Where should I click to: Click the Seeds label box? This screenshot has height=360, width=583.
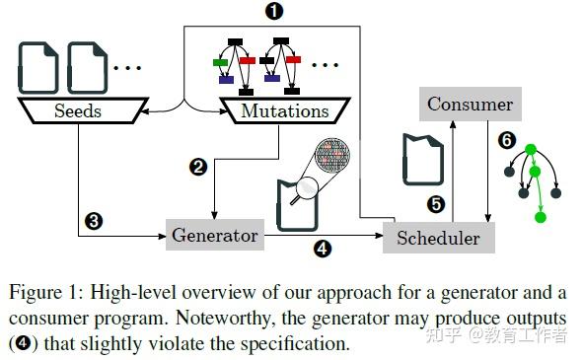[x=79, y=111]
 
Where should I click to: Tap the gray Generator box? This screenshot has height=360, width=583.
[x=215, y=235]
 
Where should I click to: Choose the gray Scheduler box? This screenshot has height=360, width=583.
[x=438, y=237]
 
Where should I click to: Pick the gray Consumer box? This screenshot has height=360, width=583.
[x=470, y=104]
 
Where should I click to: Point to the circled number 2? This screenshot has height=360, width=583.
[x=198, y=167]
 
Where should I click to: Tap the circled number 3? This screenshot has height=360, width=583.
[x=94, y=221]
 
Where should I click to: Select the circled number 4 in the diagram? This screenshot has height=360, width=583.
[x=322, y=249]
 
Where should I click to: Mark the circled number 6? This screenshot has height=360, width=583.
[x=507, y=140]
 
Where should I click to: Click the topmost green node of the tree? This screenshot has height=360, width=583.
[x=530, y=151]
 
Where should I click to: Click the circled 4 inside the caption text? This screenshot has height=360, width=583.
[x=25, y=345]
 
